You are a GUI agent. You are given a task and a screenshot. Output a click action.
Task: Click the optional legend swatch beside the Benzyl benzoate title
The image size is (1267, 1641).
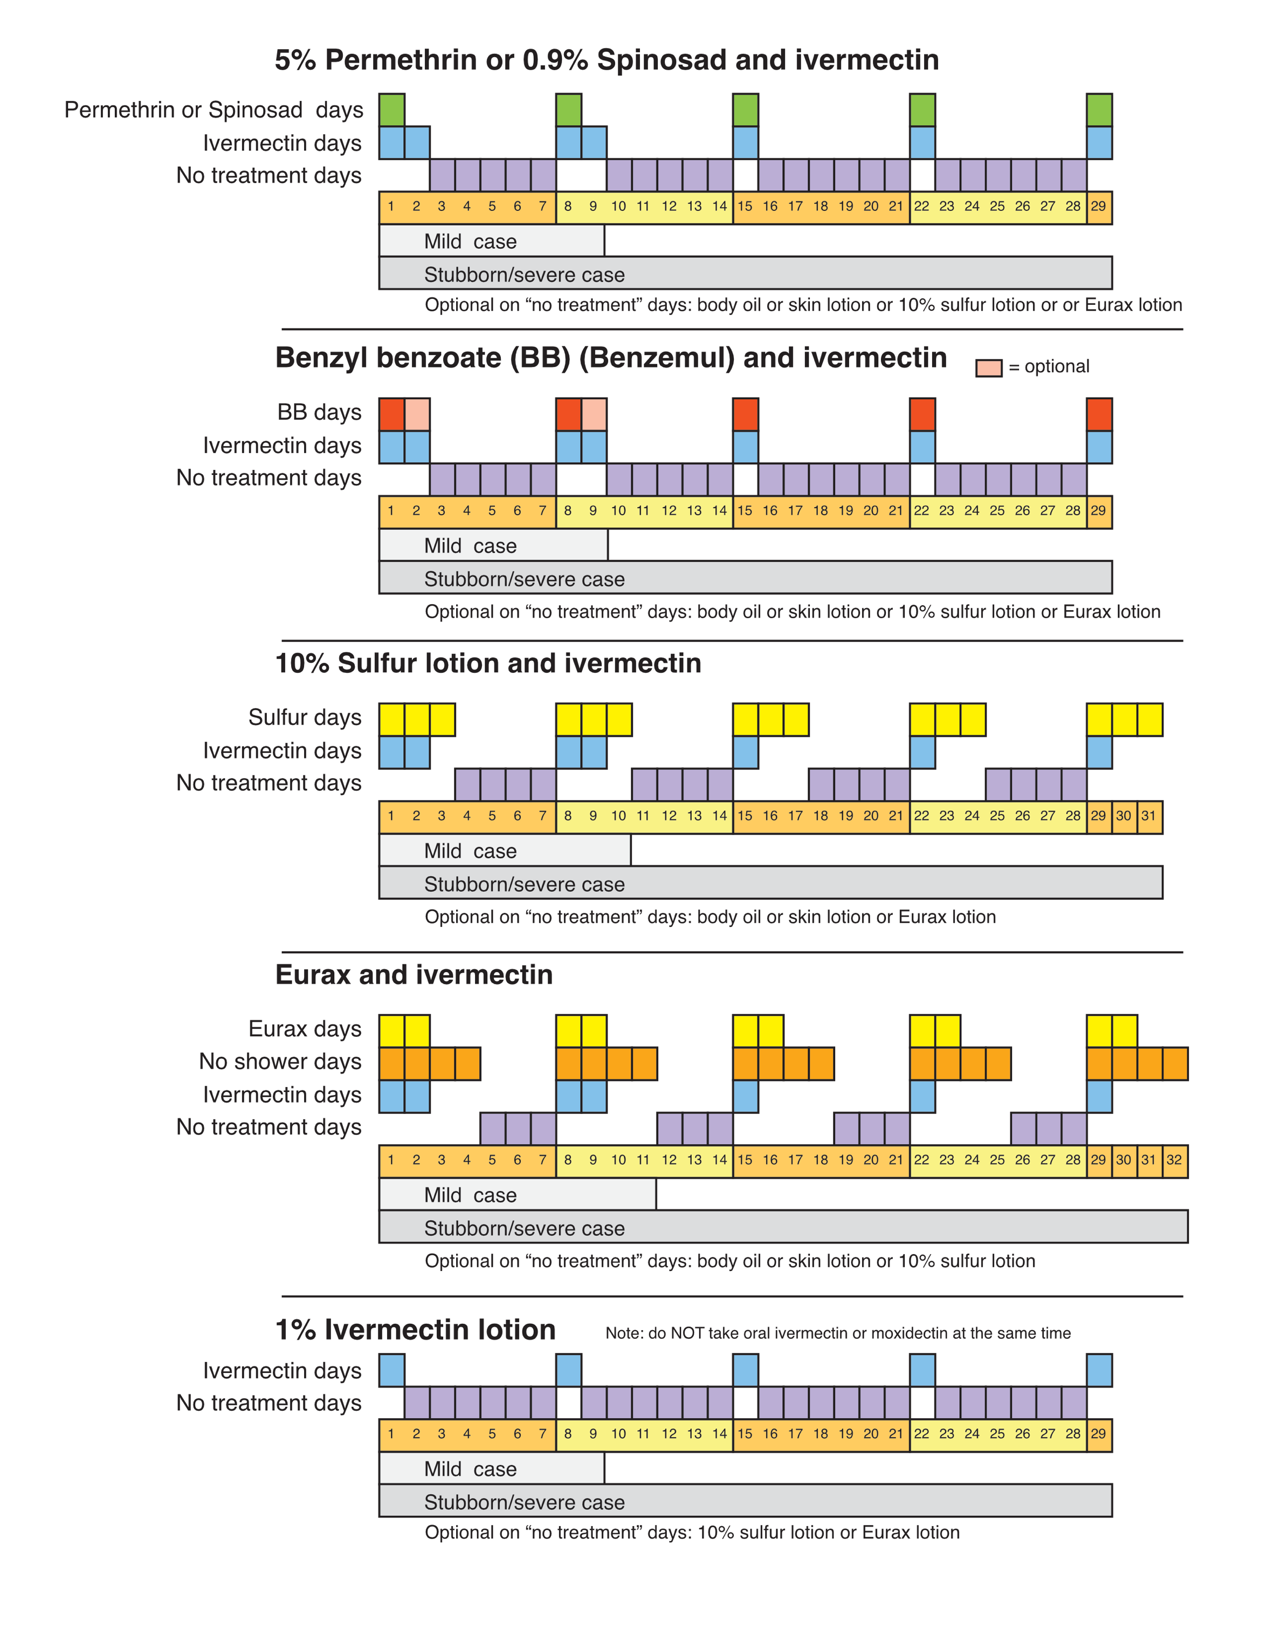(988, 368)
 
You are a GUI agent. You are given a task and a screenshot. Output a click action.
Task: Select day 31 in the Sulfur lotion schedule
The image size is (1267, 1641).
(1149, 816)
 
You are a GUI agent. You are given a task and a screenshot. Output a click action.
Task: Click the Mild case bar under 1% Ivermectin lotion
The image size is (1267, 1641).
(491, 1468)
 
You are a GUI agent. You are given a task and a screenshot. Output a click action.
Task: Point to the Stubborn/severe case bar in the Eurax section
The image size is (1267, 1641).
(783, 1226)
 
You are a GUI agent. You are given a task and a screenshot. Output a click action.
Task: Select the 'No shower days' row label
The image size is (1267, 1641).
(280, 1062)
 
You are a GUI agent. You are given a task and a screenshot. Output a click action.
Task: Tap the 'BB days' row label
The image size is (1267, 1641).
(319, 413)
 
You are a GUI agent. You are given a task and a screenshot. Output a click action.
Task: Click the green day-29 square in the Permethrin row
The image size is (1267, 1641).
(1099, 111)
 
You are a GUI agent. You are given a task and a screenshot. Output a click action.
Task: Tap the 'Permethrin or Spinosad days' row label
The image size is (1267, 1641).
(214, 111)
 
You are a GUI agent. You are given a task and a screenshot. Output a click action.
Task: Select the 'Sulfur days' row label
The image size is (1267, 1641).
(305, 717)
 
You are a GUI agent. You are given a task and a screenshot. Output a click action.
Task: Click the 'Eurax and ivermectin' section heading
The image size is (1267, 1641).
(414, 975)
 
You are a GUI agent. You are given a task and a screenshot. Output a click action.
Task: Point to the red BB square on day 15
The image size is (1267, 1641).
(746, 415)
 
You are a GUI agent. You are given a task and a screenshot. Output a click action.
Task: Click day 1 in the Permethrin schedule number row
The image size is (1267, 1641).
(391, 207)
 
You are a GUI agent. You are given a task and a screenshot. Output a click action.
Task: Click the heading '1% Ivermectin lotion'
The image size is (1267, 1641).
(415, 1330)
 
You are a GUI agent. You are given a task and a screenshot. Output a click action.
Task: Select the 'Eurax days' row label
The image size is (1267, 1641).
(305, 1029)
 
